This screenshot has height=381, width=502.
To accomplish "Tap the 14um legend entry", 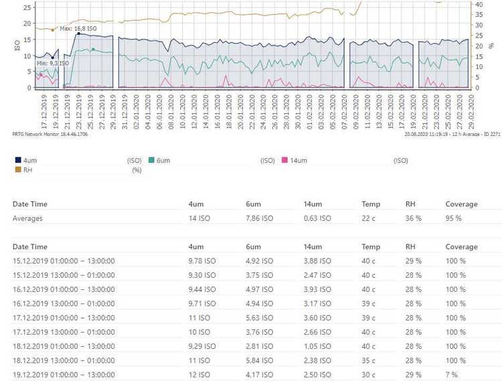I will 299,161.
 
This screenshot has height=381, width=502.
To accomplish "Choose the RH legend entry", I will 27,170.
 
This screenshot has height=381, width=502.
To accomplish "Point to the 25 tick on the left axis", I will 27,7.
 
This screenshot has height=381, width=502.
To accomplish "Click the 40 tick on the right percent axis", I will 479,4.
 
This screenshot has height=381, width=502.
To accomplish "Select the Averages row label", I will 28,218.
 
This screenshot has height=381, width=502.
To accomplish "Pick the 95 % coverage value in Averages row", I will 454,218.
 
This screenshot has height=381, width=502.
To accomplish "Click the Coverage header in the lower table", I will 462,247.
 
